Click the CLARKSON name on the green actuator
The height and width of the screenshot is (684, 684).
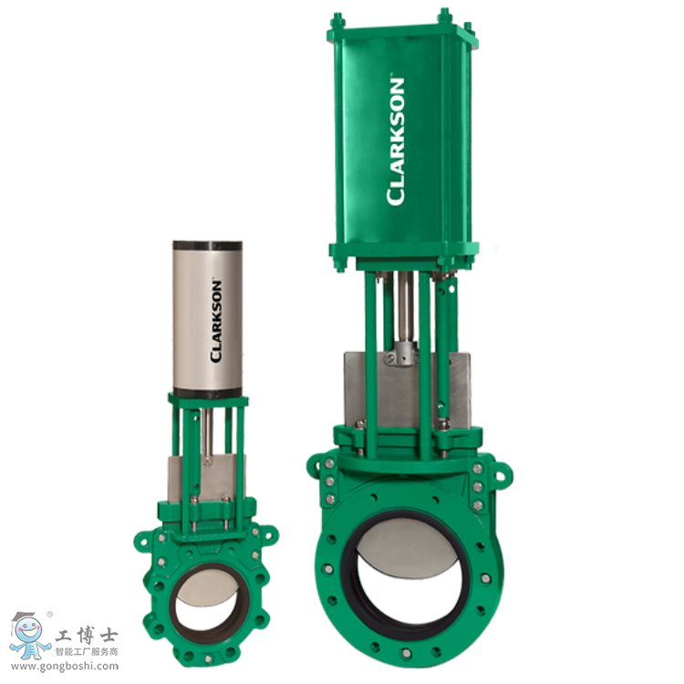(x=396, y=141)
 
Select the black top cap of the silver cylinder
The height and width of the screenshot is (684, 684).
(x=208, y=245)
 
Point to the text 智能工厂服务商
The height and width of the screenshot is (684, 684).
(x=88, y=651)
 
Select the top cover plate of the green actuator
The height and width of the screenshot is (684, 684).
(x=402, y=35)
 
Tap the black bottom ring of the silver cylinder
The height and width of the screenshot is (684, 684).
(x=208, y=392)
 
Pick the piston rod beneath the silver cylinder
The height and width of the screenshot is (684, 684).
(x=209, y=429)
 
